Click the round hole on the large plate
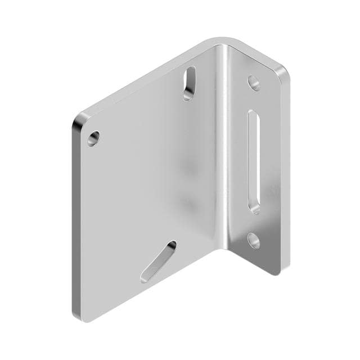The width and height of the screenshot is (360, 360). coord(93,137)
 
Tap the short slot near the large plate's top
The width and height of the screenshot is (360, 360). coord(190,83)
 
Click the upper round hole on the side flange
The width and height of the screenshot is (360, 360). coord(254,83)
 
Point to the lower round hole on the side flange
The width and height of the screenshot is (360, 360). coord(254,241)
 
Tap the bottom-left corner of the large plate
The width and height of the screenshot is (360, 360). coord(79,315)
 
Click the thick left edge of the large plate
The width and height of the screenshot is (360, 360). coord(75,219)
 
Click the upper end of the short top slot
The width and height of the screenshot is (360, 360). coord(192,72)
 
